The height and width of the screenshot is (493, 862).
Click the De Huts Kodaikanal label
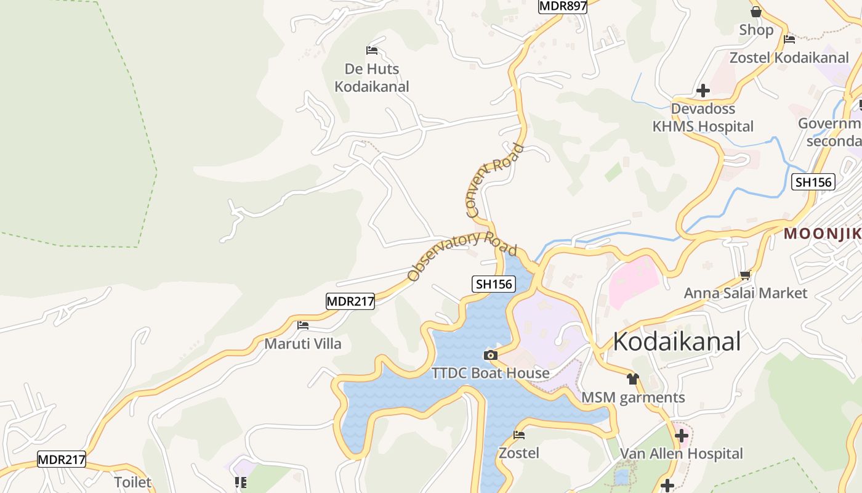pos(371,78)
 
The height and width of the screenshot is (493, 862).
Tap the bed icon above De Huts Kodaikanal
pos(371,50)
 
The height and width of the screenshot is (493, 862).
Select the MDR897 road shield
pos(562,6)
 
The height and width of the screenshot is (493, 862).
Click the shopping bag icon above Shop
pos(756,12)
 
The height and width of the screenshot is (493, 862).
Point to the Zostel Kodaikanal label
pos(789,57)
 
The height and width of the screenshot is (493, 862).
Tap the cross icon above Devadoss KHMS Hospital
pos(703,91)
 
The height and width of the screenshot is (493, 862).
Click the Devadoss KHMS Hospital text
pos(703,118)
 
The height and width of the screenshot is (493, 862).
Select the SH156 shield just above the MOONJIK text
pos(813,182)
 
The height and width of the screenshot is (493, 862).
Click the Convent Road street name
pos(494,181)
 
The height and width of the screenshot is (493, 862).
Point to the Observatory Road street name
pos(462,255)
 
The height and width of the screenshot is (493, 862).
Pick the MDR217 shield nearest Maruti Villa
pos(350,301)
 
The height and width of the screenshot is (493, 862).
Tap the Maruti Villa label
pos(302,343)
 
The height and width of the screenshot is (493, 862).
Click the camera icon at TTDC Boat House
pos(491,355)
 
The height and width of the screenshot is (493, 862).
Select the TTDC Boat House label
pos(490,373)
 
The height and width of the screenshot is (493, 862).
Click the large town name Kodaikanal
pos(676,341)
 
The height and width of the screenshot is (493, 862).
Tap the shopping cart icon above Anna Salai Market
pos(745,275)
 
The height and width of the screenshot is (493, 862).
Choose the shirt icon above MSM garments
pos(633,379)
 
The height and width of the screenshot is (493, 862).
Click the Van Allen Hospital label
pos(681,454)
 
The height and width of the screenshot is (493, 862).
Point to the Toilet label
pos(132,482)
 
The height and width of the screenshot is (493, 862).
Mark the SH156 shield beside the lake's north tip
pos(494,284)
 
